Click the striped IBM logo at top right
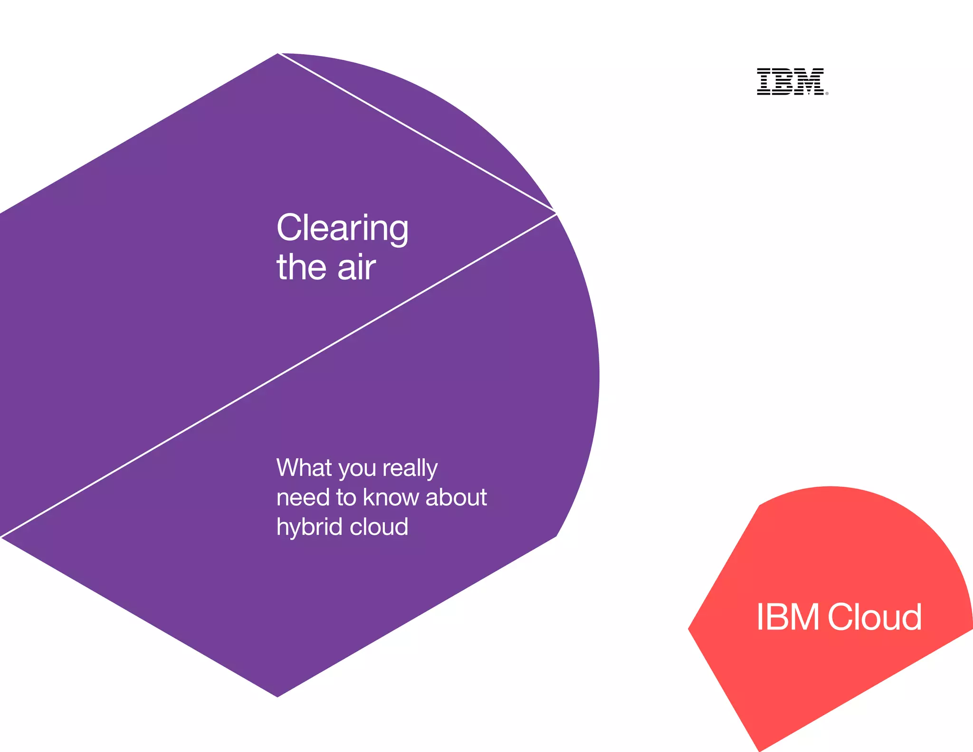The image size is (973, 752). coord(791,81)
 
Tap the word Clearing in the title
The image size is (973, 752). coord(342,229)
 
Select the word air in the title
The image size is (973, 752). coord(356,268)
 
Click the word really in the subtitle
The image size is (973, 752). coord(410,469)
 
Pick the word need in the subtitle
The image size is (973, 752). coord(303,497)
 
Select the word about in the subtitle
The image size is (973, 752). coord(456,497)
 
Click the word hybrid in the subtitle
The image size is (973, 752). coord(309,527)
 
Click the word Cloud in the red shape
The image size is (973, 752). coord(875,617)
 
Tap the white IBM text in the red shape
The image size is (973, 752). coord(788,617)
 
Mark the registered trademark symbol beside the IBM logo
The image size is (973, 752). coord(827,94)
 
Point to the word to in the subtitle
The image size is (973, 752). coord(346,497)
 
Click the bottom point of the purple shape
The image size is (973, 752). coord(277,696)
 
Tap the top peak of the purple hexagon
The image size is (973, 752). coord(278,54)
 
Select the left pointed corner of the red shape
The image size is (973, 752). coord(689,629)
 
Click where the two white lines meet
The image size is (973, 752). coord(555,213)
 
